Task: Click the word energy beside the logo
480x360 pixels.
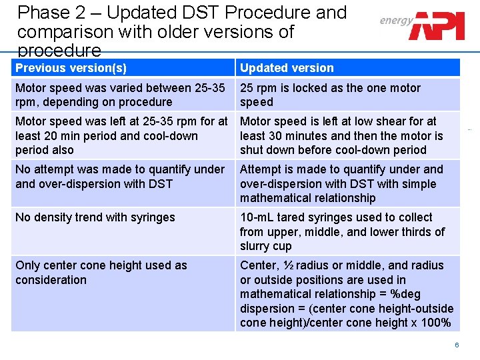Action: pyautogui.click(x=396, y=20)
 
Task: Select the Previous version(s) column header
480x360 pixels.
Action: pyautogui.click(x=71, y=68)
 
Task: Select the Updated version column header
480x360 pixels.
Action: pyautogui.click(x=287, y=68)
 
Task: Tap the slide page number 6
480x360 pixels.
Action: pyautogui.click(x=457, y=345)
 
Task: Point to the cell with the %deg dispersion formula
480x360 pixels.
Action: pyautogui.click(x=346, y=294)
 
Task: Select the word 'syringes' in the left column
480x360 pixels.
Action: pyautogui.click(x=153, y=217)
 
